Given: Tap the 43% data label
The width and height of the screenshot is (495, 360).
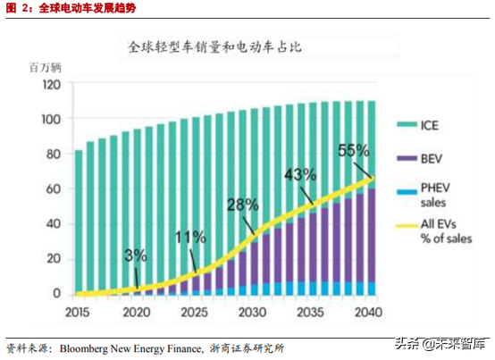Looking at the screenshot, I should tap(300, 173).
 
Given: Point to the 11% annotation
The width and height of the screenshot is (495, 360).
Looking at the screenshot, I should tap(190, 238).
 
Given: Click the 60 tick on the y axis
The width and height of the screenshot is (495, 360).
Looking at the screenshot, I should tap(54, 189).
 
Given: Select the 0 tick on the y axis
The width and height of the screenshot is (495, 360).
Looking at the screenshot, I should tap(57, 294).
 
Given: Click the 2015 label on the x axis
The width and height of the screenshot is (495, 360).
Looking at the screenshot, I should tap(78, 313).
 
